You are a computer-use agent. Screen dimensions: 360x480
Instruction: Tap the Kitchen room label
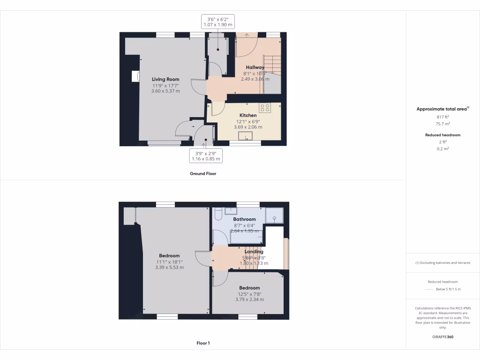(248, 115)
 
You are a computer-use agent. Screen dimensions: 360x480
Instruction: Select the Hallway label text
(255, 67)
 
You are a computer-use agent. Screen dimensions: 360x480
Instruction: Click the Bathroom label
(245, 219)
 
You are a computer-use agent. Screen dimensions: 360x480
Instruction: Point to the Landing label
(254, 252)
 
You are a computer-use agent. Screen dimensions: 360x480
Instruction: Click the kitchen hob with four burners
(265, 108)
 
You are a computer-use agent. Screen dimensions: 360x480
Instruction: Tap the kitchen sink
(245, 136)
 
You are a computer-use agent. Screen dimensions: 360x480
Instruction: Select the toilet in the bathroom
(218, 215)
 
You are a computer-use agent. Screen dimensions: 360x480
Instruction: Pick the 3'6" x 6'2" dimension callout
(217, 22)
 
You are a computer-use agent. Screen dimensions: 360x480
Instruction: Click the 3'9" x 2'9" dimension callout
(205, 156)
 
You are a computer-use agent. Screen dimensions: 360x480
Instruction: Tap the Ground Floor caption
(203, 173)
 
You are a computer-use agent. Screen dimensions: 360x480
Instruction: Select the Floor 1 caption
(203, 344)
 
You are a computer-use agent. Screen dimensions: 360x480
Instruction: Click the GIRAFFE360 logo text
(443, 337)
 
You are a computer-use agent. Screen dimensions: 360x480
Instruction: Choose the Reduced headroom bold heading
(442, 135)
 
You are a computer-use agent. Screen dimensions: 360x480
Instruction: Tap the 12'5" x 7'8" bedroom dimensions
(249, 294)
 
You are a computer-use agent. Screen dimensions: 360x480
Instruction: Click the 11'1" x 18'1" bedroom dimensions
(169, 262)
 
